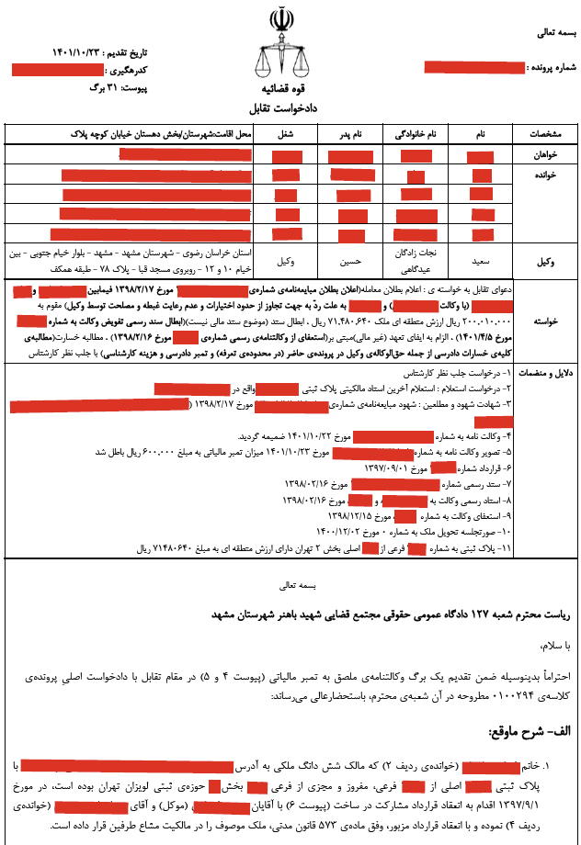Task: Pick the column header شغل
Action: (274, 134)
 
